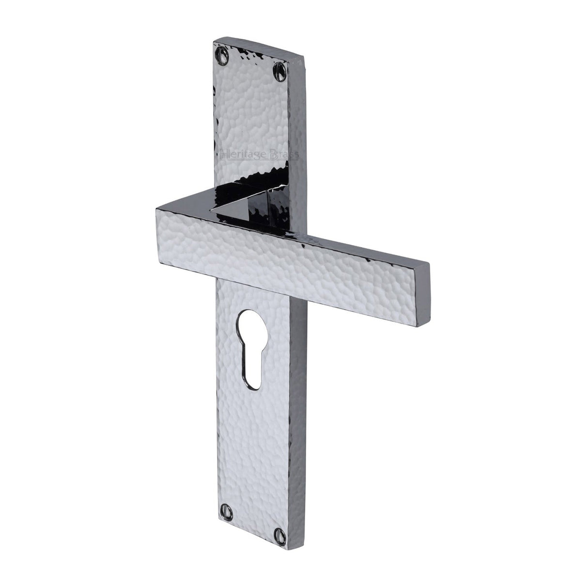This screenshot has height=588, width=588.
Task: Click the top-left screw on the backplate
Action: coord(223,50)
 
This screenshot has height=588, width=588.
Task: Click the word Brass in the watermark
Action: coord(286,155)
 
